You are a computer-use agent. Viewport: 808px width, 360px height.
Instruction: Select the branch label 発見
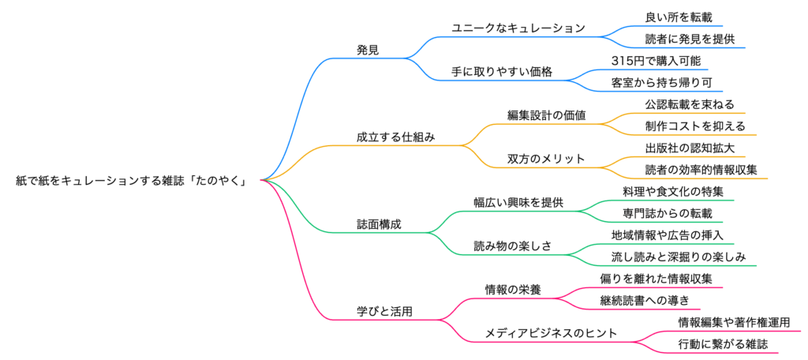tap(368, 50)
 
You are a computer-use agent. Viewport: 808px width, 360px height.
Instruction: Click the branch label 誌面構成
tap(379, 224)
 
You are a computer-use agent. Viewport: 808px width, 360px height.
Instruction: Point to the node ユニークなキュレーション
tap(518, 28)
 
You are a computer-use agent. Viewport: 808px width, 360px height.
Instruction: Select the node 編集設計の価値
tap(546, 115)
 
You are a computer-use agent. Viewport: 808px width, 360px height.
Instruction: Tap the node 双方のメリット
tap(546, 159)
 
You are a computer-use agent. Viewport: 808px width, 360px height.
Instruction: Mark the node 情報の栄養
tap(512, 290)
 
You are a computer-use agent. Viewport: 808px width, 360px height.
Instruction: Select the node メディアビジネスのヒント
tap(551, 333)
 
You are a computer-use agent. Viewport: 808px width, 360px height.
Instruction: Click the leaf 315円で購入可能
tap(655, 61)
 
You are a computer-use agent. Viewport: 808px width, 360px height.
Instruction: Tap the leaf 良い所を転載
tap(672, 17)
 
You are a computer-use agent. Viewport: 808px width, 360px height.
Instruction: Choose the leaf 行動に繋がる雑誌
tap(722, 344)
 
